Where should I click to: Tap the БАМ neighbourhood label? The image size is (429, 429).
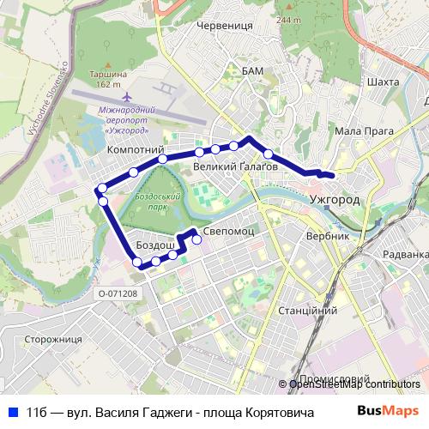click(252, 69)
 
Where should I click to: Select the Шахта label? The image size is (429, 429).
click(382, 82)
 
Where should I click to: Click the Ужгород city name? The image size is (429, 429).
click(335, 199)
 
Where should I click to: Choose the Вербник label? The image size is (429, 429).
click(328, 235)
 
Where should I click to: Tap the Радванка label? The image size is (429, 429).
click(406, 254)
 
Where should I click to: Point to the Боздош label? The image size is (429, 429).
click(155, 246)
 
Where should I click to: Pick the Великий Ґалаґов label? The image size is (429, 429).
click(235, 166)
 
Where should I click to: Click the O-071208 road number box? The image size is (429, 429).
click(118, 293)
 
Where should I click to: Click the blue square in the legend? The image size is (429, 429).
click(13, 410)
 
